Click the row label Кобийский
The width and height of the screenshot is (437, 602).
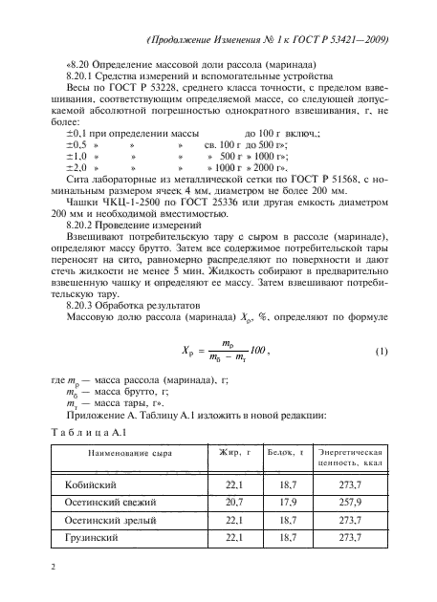tap(88, 484)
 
